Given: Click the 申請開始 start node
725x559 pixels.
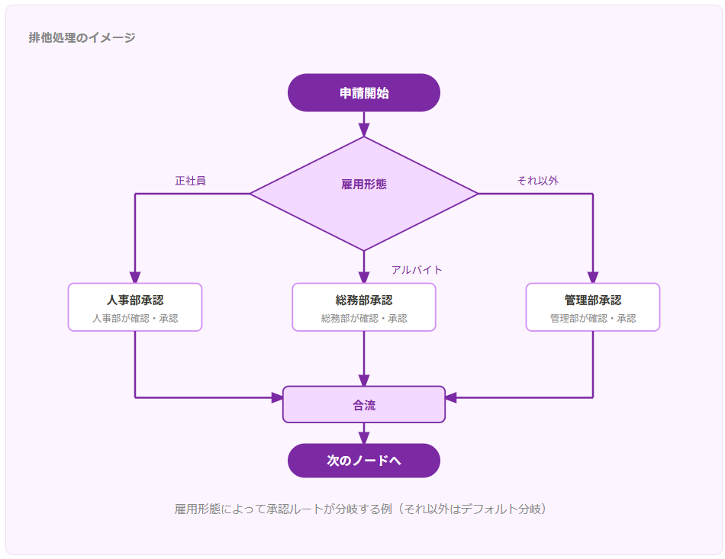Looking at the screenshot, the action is click(x=364, y=92).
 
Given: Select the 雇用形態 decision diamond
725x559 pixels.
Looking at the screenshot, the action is click(x=364, y=194).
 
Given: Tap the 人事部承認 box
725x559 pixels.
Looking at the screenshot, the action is click(x=135, y=307).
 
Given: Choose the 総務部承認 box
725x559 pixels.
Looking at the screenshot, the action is click(x=364, y=307).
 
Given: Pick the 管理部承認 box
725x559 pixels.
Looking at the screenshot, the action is click(x=593, y=307).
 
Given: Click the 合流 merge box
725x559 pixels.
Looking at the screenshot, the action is click(x=364, y=404).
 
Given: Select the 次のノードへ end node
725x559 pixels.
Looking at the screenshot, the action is click(x=364, y=461).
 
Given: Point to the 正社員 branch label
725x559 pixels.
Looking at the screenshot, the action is click(x=190, y=181).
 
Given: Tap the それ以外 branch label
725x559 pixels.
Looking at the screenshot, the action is click(x=538, y=181).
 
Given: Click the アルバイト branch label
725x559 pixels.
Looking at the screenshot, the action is click(x=417, y=270).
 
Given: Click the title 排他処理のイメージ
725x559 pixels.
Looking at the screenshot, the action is click(x=82, y=37).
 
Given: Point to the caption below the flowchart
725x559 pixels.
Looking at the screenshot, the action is click(x=360, y=509).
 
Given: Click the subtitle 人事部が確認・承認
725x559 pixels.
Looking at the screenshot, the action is click(x=135, y=318).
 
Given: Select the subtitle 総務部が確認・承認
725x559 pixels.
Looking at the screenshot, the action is click(x=364, y=318).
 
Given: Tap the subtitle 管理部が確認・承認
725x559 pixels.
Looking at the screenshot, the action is click(x=593, y=318).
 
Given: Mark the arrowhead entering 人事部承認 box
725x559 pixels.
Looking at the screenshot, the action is click(x=135, y=277).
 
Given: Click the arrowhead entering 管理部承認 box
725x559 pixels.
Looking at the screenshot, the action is click(x=593, y=277).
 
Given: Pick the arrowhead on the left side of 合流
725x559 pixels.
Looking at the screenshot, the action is click(x=277, y=397).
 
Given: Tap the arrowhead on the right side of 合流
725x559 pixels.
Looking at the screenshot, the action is click(x=451, y=397).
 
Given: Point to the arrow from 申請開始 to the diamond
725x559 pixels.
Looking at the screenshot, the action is click(x=364, y=124).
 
